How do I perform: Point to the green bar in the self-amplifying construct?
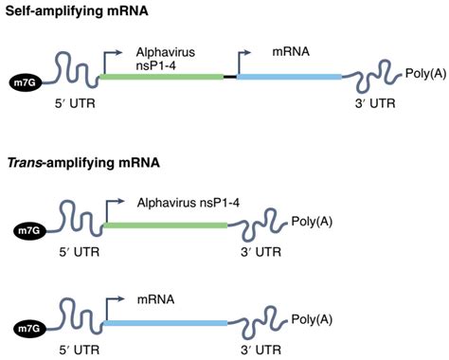tap(160, 75)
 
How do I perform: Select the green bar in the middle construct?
tap(166, 225)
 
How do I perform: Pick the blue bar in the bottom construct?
tap(166, 323)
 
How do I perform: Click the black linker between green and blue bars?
tap(230, 75)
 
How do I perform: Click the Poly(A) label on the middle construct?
tap(312, 221)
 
